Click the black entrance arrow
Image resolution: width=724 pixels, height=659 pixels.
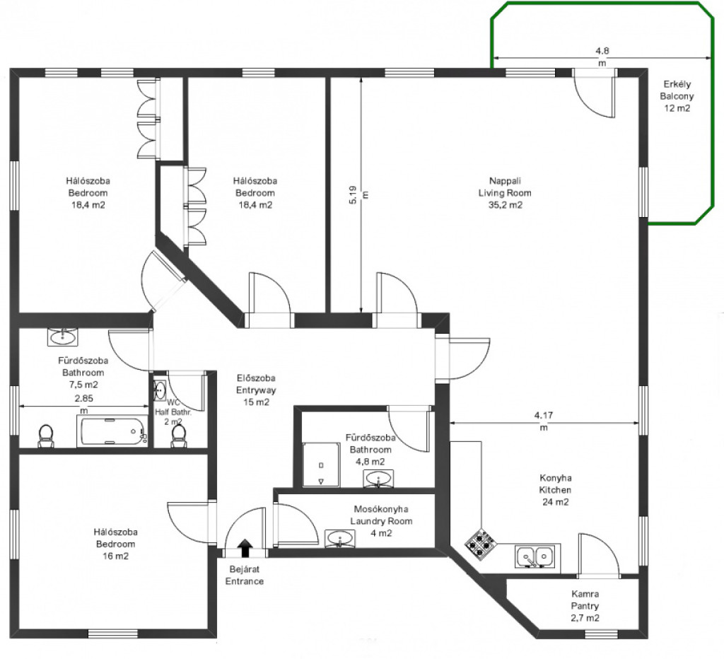[245, 548]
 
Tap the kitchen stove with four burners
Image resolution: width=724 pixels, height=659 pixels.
[481, 544]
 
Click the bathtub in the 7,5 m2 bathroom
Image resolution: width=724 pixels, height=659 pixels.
[112, 431]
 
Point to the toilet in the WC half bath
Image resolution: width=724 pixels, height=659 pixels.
[179, 436]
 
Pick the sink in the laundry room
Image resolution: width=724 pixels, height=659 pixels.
[341, 539]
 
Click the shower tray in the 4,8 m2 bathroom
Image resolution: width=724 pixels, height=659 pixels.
[321, 465]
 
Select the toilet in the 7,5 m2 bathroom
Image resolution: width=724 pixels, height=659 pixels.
[46, 436]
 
